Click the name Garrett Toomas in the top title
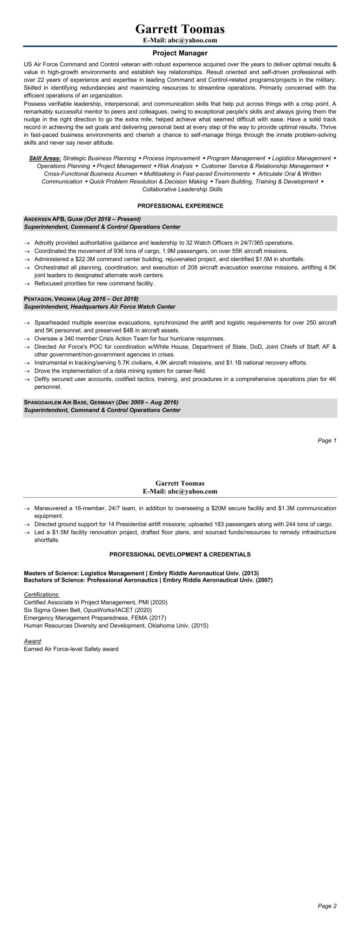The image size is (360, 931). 180,29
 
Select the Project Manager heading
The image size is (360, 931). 180,54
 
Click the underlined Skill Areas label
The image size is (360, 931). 45,159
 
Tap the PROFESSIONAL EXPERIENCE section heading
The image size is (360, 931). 180,206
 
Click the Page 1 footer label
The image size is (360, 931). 327,441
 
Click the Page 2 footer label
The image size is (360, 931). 327,906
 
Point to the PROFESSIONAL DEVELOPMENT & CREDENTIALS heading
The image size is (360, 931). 180,554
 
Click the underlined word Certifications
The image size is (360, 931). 41,594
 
